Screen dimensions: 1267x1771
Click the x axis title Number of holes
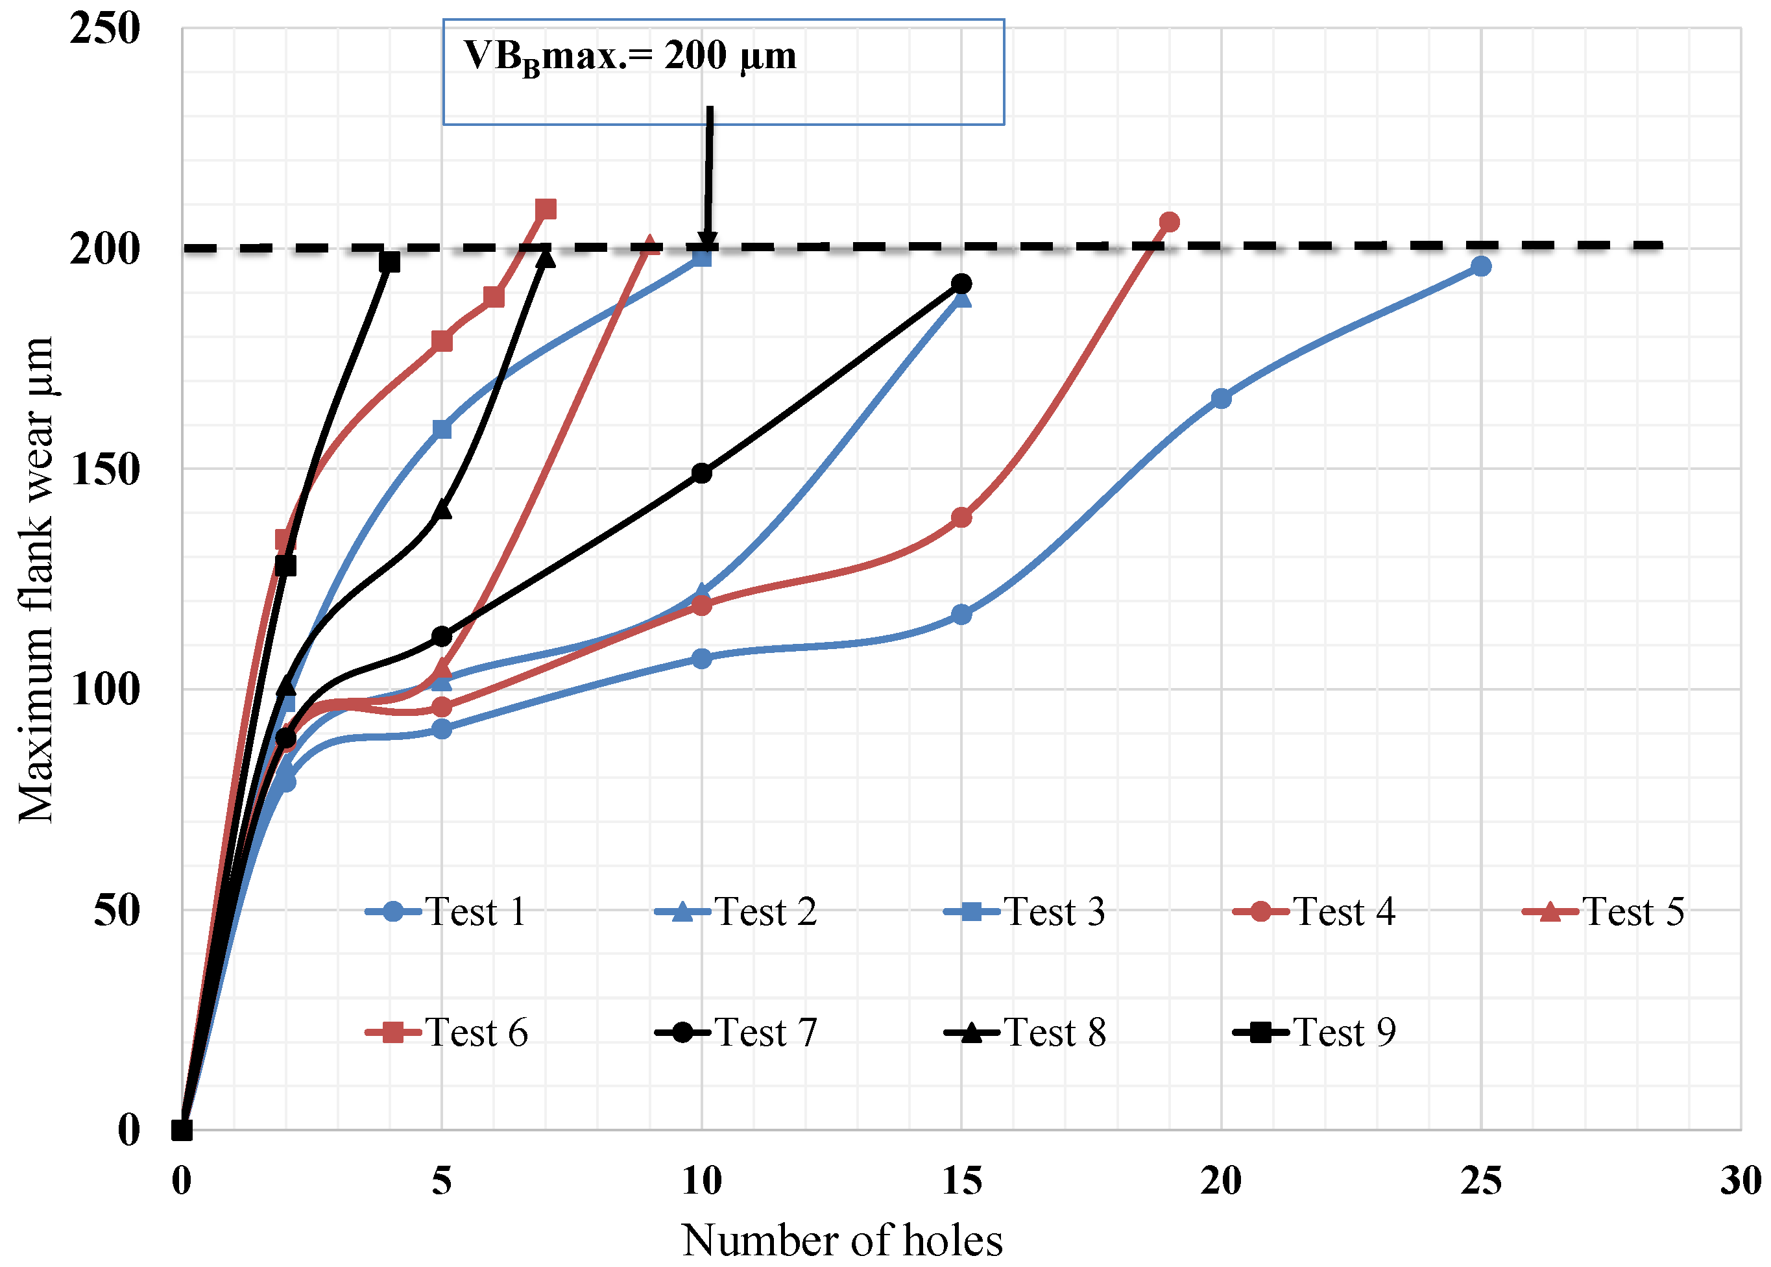(x=842, y=1239)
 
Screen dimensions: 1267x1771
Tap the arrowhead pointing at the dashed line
(x=707, y=240)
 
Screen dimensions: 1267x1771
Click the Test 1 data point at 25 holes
(x=1480, y=266)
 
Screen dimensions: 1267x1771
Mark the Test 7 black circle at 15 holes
(x=961, y=283)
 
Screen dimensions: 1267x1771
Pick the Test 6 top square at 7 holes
(x=546, y=209)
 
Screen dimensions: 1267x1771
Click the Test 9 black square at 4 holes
(x=389, y=262)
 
